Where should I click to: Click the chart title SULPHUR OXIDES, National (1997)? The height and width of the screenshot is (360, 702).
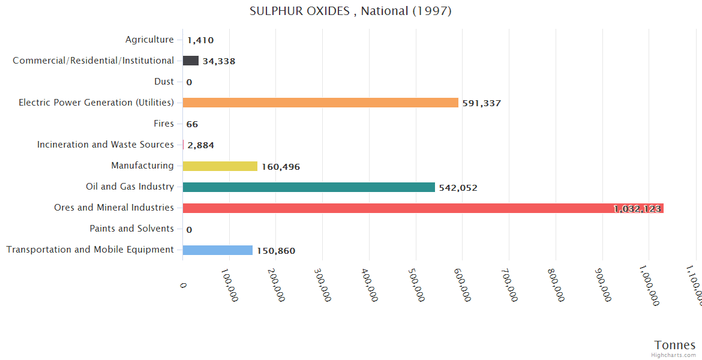350,11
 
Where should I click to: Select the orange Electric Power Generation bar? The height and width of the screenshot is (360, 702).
320,103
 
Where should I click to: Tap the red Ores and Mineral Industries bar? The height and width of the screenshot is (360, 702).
396,208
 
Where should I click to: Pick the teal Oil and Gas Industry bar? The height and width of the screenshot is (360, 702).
308,187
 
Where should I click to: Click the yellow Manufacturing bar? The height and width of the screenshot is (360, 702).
220,166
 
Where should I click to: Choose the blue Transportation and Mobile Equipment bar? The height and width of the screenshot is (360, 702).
217,250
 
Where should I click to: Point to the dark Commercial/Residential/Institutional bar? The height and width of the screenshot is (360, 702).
191,61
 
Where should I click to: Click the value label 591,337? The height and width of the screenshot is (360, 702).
481,103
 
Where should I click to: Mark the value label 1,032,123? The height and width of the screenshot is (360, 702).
637,209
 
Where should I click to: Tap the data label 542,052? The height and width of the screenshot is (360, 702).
458,188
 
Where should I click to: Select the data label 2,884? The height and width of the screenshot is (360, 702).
200,145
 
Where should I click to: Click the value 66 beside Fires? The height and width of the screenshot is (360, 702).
192,124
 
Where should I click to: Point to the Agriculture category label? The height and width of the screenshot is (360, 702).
149,40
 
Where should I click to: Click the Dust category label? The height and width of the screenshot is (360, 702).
164,82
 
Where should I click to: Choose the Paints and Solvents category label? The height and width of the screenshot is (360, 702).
131,229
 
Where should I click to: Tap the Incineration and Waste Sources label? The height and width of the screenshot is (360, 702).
105,145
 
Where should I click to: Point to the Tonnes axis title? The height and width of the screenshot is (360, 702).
674,345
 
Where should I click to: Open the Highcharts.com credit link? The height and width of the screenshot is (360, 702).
674,355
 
